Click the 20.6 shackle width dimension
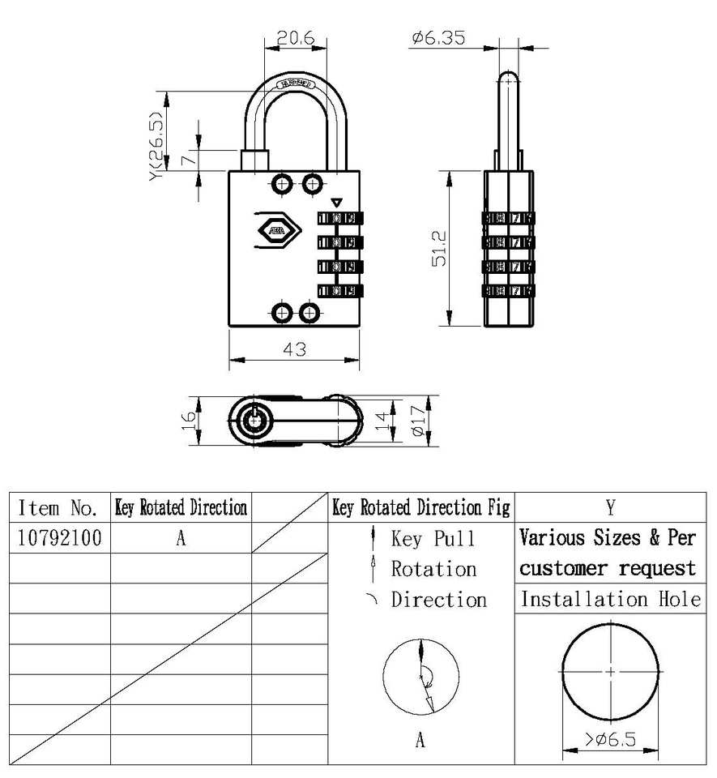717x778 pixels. pos(295,37)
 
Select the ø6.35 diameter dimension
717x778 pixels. pos(437,37)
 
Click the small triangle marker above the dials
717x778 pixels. pos(337,203)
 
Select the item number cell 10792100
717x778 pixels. pos(59,538)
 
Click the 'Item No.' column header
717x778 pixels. pos(59,508)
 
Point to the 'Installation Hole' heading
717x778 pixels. pos(610,599)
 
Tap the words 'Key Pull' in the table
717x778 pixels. pos(433,539)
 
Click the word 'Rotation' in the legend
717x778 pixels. pos(433,569)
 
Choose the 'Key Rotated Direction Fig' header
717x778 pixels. pos(421,508)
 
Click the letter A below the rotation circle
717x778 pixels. pos(420,740)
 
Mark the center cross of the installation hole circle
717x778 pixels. pos(610,671)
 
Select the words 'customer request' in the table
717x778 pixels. pos(608,568)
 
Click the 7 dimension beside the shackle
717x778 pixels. pos(187,159)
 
